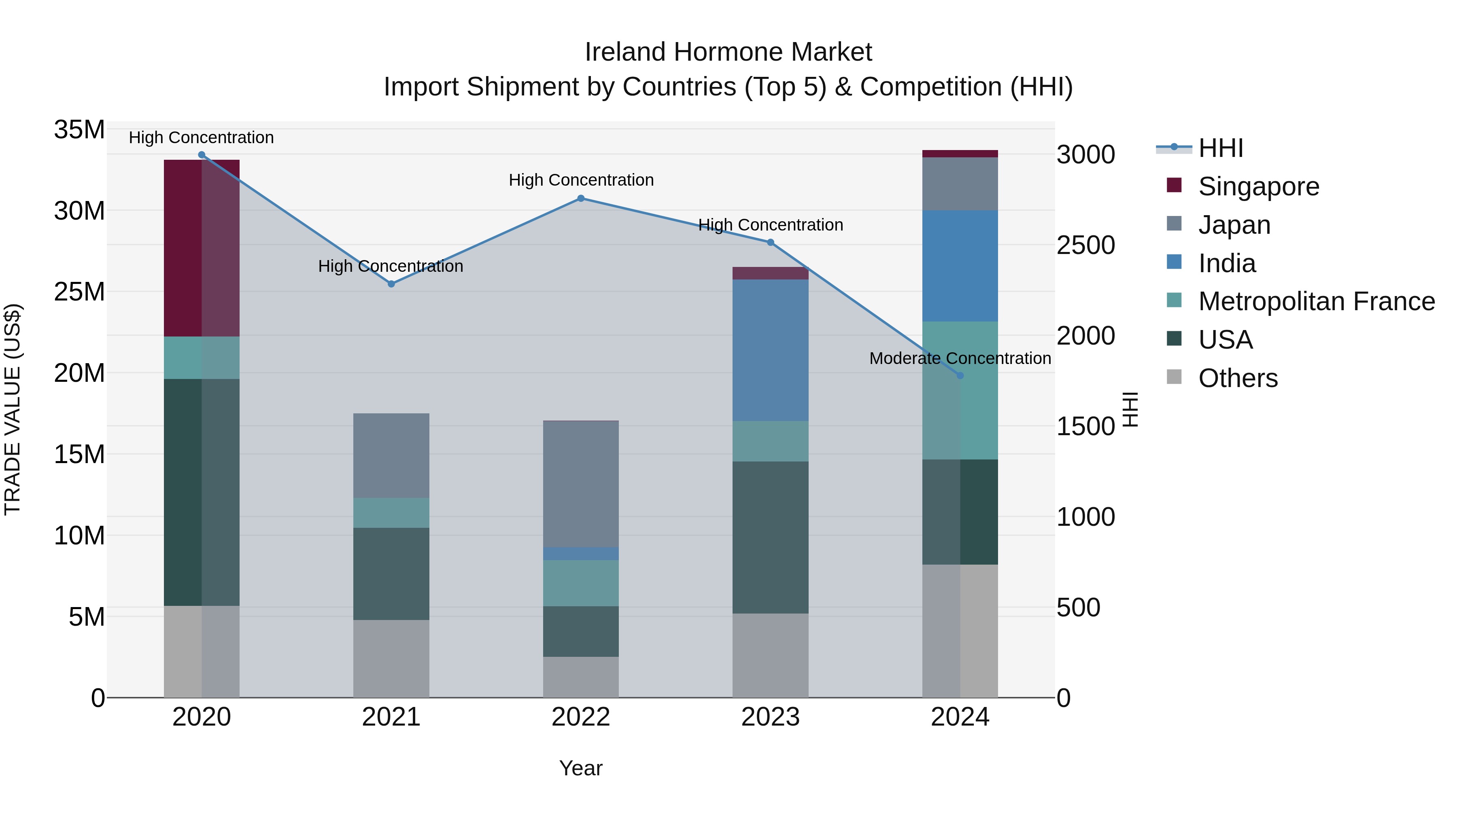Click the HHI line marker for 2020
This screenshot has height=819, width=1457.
[202, 155]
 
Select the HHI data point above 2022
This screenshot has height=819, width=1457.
[581, 199]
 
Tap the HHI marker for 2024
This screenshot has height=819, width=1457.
[960, 375]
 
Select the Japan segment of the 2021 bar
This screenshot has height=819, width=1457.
[391, 455]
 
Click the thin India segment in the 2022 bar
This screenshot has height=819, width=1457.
[581, 553]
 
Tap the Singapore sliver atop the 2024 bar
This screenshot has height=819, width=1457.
[960, 154]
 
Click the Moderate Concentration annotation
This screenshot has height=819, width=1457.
[960, 358]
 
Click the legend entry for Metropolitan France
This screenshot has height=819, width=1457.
[1316, 301]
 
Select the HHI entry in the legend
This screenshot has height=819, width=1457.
[1221, 148]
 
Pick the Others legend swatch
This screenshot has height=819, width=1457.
[1174, 377]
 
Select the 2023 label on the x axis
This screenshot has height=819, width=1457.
[770, 717]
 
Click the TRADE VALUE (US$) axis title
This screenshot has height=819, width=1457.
[13, 409]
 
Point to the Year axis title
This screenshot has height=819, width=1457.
[581, 768]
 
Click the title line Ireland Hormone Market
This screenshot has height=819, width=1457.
[728, 52]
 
